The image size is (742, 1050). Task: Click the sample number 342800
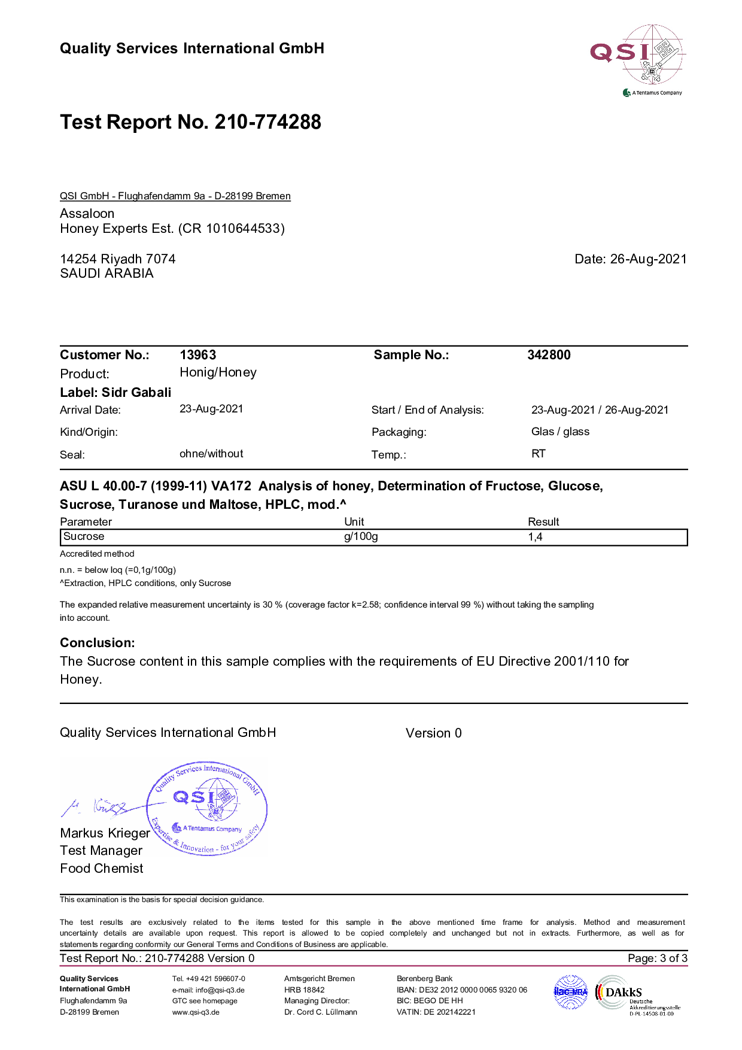(549, 355)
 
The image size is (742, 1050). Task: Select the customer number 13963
(197, 355)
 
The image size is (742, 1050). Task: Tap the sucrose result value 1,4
(535, 537)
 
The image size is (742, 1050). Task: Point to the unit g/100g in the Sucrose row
(361, 536)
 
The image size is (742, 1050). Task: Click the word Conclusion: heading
(98, 643)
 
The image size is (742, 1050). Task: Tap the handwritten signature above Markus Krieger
(96, 808)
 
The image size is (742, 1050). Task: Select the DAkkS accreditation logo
(639, 994)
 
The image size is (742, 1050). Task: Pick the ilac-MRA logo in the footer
(571, 992)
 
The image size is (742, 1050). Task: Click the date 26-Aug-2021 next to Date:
(648, 259)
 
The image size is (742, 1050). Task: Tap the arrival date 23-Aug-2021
(211, 409)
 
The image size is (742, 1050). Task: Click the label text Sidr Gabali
(136, 393)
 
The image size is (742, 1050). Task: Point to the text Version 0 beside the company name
(433, 733)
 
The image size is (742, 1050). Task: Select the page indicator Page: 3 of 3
(657, 958)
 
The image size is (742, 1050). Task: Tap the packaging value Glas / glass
(560, 432)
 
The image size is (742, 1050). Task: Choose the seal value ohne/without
(211, 454)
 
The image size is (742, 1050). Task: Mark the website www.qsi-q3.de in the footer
(196, 1012)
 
